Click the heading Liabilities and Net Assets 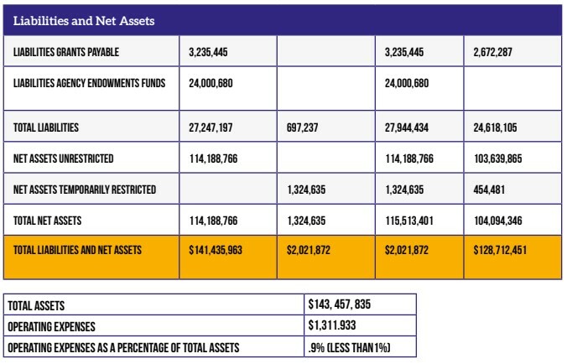click(84, 20)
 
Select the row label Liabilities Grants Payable click(66, 52)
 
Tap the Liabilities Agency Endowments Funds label click(89, 83)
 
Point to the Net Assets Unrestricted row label click(64, 158)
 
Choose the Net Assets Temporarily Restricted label click(85, 190)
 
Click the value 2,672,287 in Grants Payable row click(492, 52)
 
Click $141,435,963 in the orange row click(215, 250)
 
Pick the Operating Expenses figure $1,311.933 click(338, 326)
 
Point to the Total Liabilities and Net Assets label click(78, 250)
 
